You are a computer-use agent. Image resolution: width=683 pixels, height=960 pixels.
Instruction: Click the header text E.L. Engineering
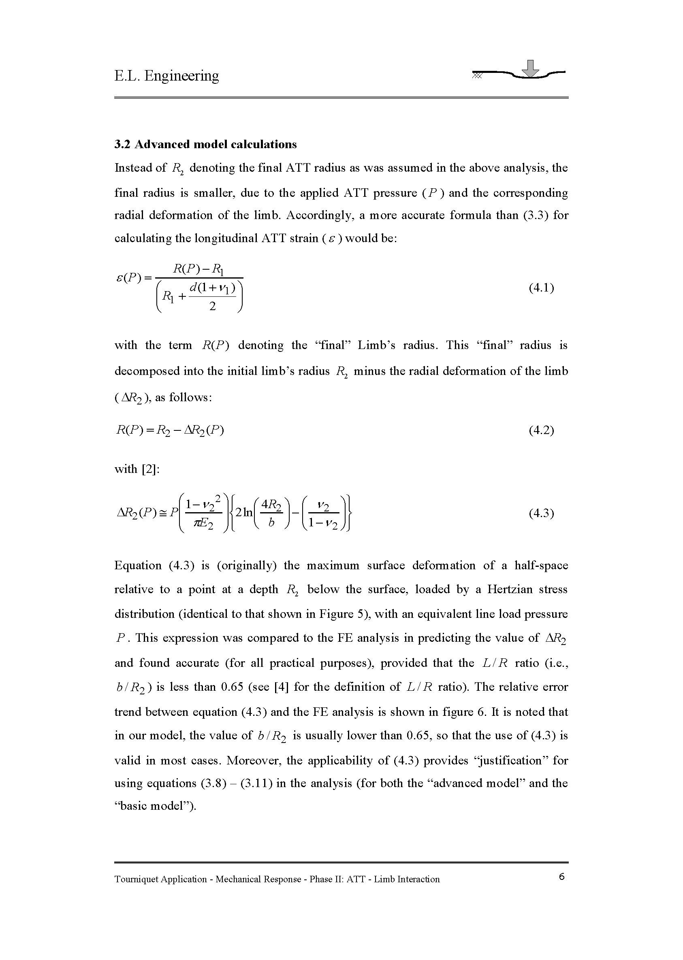166,76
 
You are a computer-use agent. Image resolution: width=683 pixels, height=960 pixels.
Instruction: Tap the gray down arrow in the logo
532,69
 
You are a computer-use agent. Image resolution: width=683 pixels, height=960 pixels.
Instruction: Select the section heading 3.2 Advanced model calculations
205,145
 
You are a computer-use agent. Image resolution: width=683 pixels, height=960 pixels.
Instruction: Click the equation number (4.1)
541,288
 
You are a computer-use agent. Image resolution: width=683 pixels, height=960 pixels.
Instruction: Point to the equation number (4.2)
541,430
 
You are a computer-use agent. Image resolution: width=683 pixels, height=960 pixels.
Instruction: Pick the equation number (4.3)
541,513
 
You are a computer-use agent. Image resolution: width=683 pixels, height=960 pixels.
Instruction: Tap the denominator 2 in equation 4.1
212,307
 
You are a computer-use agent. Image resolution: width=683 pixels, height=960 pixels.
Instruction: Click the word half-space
541,565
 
